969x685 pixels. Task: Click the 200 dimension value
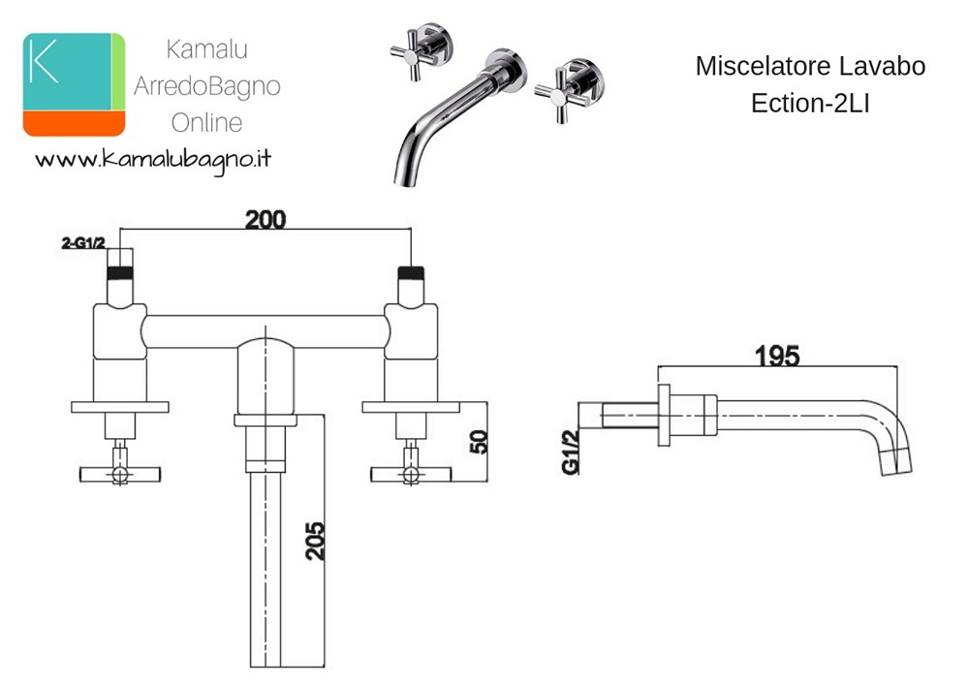pyautogui.click(x=266, y=219)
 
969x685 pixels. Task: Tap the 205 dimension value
pyautogui.click(x=315, y=541)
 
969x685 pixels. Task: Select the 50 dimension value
pyautogui.click(x=479, y=442)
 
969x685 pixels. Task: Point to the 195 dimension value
pyautogui.click(x=777, y=356)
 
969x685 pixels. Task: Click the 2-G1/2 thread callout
pyautogui.click(x=83, y=243)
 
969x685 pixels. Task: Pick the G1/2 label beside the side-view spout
pyautogui.click(x=571, y=452)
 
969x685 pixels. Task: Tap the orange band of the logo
pyautogui.click(x=75, y=124)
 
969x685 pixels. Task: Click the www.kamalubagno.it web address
pyautogui.click(x=153, y=161)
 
